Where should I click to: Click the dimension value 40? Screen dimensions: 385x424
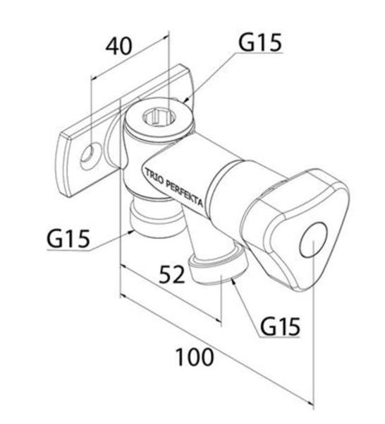(118, 46)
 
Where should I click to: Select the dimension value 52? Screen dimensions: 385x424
(172, 273)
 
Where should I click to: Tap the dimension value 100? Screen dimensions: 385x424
(195, 357)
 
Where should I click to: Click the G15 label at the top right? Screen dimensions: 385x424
(260, 42)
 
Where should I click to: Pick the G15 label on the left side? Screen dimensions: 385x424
(68, 239)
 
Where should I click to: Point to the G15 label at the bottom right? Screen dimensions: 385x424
(280, 326)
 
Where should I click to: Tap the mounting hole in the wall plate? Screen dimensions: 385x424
(91, 155)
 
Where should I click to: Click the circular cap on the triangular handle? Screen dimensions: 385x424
(314, 240)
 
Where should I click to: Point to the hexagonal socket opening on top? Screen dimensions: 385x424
(159, 117)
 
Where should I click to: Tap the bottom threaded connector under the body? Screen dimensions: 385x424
(154, 218)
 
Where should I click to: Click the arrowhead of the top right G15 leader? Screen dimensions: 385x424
(186, 100)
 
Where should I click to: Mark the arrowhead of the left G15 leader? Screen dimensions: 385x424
(131, 232)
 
